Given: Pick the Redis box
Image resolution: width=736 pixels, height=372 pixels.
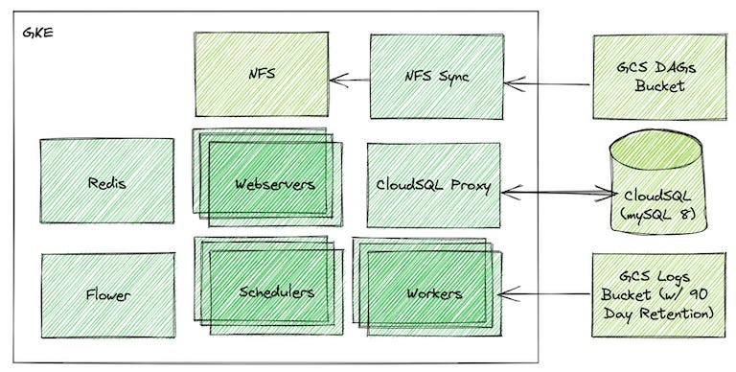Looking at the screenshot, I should tap(107, 183).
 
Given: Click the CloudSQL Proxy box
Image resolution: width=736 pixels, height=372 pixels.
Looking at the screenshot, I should tap(434, 185).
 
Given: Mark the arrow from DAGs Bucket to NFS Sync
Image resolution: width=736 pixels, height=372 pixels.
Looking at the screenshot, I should tap(546, 84).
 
